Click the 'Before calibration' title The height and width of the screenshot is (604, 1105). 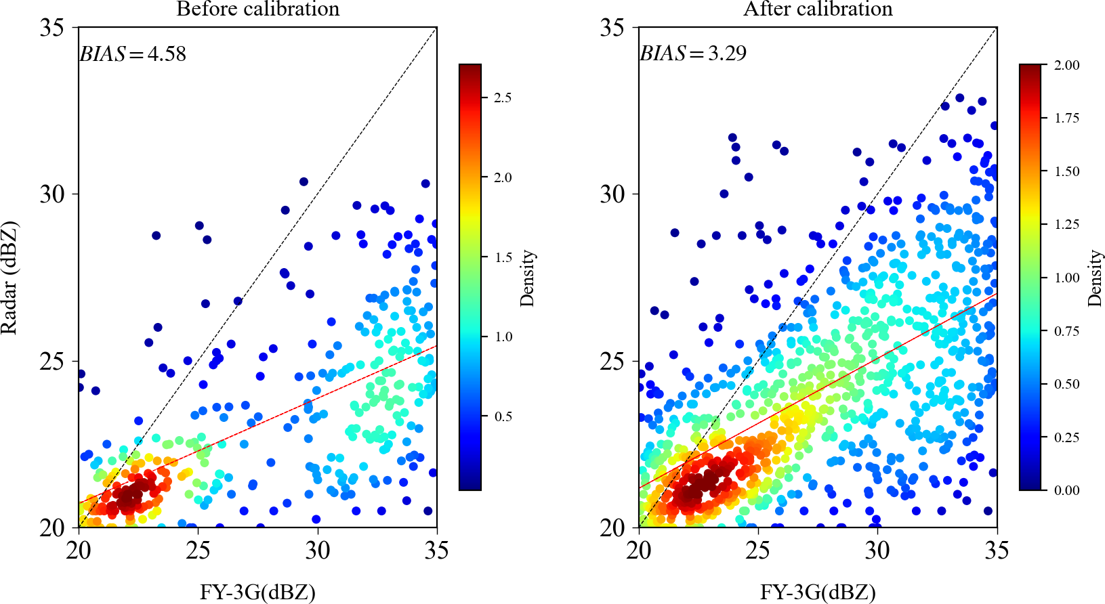[257, 9]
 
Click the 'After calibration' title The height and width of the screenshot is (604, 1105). [818, 9]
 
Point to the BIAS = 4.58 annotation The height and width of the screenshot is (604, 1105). [133, 53]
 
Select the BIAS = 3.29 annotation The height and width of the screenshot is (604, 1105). [693, 53]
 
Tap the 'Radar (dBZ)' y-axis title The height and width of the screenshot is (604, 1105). [9, 278]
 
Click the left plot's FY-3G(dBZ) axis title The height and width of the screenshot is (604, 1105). [257, 592]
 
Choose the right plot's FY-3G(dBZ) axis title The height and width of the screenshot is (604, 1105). [818, 592]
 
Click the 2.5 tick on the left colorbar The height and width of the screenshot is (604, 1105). [502, 98]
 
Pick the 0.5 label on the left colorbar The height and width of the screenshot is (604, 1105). [503, 416]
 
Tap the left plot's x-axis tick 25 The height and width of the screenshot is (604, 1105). [198, 550]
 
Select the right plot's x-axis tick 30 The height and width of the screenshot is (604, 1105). [877, 550]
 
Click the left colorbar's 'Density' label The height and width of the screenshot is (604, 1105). [527, 278]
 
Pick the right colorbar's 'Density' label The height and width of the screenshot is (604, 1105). [1095, 278]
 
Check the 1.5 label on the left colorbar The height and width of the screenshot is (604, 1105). [503, 257]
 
